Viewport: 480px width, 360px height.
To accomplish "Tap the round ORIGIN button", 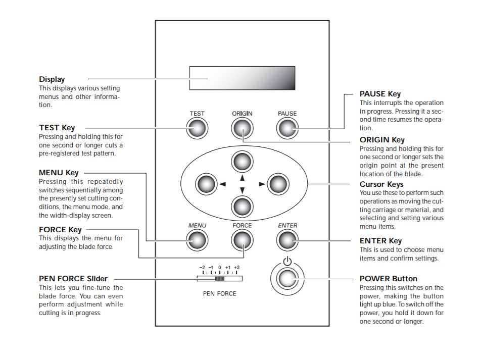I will [x=242, y=129].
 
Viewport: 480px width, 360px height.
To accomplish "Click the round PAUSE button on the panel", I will [x=287, y=129].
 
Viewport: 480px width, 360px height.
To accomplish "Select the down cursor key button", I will [x=242, y=207].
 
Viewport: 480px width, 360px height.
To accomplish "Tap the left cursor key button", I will [x=206, y=184].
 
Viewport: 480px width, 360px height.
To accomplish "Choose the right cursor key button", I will [x=278, y=184].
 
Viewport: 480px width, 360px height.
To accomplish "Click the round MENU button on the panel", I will [x=198, y=241].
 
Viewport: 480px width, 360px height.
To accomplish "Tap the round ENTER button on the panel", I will [x=287, y=241].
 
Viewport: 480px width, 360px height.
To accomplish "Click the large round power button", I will [x=287, y=279].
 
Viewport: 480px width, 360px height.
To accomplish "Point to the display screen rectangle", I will [x=242, y=79].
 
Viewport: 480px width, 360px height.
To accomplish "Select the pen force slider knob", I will [x=220, y=278].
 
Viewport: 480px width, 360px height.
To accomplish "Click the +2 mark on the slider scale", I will [x=236, y=267].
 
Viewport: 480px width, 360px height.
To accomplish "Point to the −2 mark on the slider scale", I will [x=202, y=267].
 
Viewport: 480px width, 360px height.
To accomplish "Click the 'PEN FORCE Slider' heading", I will [x=73, y=278].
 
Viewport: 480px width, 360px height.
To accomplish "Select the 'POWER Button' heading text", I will [x=389, y=278].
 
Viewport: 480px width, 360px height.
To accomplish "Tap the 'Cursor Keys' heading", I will [x=381, y=184].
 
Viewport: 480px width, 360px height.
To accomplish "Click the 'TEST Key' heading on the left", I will [x=57, y=128].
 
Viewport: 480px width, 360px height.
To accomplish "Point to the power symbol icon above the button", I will [x=287, y=262].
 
